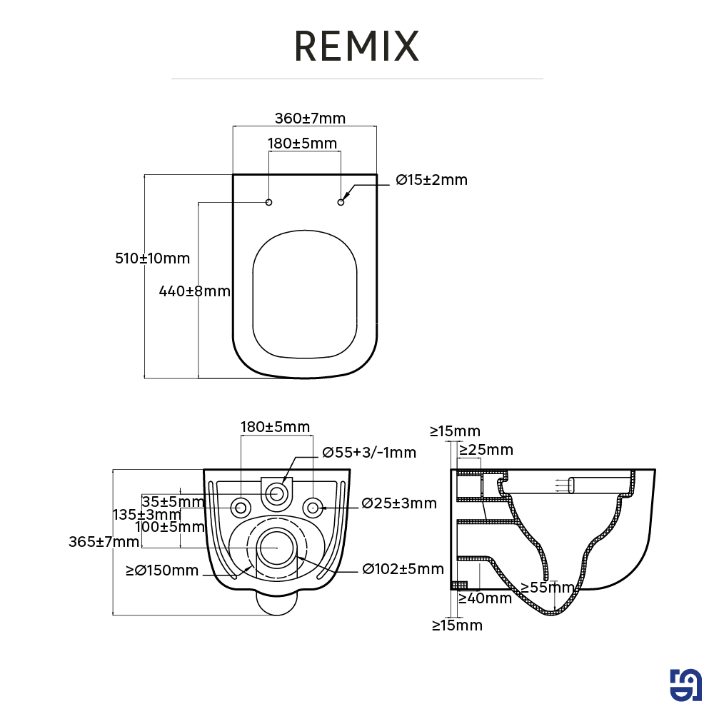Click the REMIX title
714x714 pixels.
[356, 46]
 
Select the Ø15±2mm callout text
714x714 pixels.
[432, 180]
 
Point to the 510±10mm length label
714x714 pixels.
[153, 258]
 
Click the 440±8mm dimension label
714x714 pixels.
[195, 291]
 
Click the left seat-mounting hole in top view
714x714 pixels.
[269, 202]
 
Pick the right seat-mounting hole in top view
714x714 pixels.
[341, 202]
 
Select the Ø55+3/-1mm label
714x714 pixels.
[369, 453]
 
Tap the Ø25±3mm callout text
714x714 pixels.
[399, 503]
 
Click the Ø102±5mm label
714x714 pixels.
[403, 569]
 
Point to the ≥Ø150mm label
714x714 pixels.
[162, 570]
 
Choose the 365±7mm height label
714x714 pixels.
[104, 542]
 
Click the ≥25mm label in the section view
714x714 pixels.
[486, 450]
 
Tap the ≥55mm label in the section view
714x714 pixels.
[548, 588]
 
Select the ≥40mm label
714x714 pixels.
[485, 598]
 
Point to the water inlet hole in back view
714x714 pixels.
[277, 492]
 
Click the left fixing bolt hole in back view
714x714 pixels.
[241, 508]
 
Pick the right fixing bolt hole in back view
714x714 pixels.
[312, 508]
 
